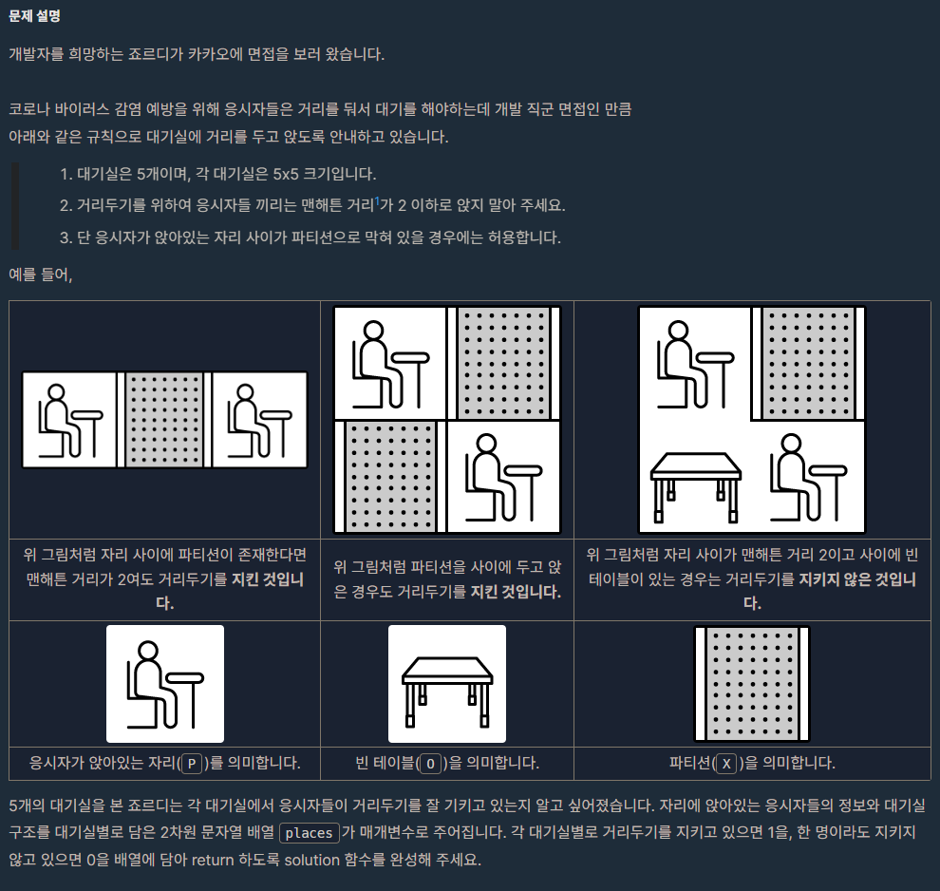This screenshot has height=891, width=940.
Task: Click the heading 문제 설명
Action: coord(34,16)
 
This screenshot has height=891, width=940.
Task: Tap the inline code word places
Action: coord(309,833)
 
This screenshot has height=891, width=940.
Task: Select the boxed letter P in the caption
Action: coord(192,764)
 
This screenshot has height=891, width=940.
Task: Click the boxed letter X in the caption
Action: coord(726,764)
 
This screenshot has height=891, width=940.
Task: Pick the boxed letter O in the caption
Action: coord(430,764)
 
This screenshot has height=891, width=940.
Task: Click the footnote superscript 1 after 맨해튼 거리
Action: coord(377,200)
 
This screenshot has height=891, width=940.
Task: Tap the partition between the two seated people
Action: coord(164,420)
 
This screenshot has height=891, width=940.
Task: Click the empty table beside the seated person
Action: coord(695,485)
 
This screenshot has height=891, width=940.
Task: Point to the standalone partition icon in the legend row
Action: coord(752,684)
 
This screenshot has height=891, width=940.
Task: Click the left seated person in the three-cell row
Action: coord(69,420)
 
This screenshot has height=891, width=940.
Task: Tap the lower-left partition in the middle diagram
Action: coord(390,476)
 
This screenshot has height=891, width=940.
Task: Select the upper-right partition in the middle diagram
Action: coord(503,363)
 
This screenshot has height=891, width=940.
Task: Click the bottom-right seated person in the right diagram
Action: coord(807,476)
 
